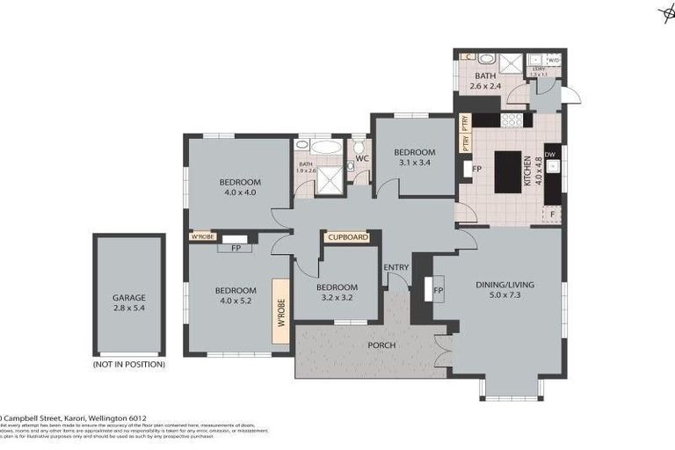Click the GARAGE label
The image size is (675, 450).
click(128, 297)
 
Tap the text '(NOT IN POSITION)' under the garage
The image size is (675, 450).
click(128, 364)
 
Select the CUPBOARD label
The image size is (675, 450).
click(346, 236)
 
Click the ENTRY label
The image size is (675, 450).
click(396, 267)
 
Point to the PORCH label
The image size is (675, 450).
click(381, 345)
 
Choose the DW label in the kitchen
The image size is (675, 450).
click(550, 155)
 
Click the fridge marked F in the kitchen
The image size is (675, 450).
click(551, 214)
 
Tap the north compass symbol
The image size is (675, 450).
click(666, 11)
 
